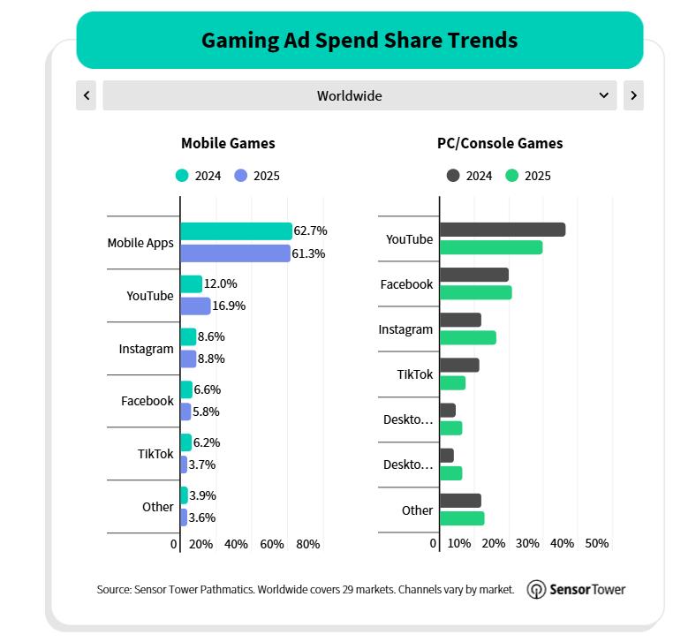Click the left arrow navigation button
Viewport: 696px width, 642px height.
point(86,95)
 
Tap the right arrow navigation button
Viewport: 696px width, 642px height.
point(633,95)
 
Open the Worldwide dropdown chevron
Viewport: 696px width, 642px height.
point(604,95)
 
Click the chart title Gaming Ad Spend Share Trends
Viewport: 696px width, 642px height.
point(359,41)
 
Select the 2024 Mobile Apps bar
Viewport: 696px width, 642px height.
point(236,231)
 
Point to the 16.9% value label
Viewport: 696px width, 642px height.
point(229,306)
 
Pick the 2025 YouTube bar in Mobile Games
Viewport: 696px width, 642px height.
point(195,306)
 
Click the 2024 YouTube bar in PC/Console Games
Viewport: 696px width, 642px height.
point(502,230)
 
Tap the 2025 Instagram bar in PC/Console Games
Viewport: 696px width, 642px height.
point(467,337)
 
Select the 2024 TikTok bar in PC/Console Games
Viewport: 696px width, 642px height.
point(459,365)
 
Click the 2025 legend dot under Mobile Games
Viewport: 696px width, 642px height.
point(241,176)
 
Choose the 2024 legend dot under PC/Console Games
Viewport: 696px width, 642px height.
point(453,176)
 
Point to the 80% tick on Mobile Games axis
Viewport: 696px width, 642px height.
point(308,544)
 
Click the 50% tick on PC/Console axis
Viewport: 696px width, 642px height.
point(597,543)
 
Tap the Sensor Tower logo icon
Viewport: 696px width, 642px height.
point(536,590)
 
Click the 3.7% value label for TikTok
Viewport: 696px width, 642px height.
point(202,465)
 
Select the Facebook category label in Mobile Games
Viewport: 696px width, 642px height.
point(148,401)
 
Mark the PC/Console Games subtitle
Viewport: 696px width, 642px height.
point(500,143)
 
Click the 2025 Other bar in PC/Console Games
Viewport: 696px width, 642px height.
point(461,517)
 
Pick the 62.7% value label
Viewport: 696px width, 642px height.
point(311,230)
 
